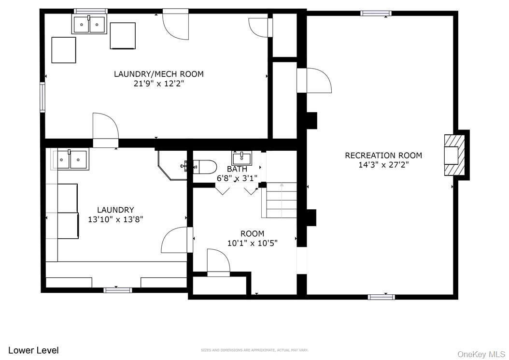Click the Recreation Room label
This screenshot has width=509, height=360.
point(383,155)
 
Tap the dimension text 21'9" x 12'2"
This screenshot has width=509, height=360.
point(159,84)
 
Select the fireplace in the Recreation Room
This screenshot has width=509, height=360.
point(454,155)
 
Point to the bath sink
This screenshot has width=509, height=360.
point(241,158)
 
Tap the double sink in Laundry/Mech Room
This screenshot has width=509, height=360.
point(89,24)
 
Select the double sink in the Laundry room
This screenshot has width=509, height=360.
point(71,159)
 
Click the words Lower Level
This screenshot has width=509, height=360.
point(33,350)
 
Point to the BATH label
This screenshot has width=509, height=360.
point(237,169)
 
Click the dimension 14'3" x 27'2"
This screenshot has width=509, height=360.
point(383,165)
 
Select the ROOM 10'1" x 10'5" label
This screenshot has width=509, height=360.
point(252,238)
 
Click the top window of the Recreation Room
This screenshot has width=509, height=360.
point(376,13)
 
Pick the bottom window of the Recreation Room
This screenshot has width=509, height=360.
point(381,297)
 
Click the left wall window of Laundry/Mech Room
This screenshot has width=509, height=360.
point(42,97)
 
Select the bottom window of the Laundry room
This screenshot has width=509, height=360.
point(117,290)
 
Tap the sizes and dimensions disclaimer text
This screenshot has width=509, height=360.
point(254,350)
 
